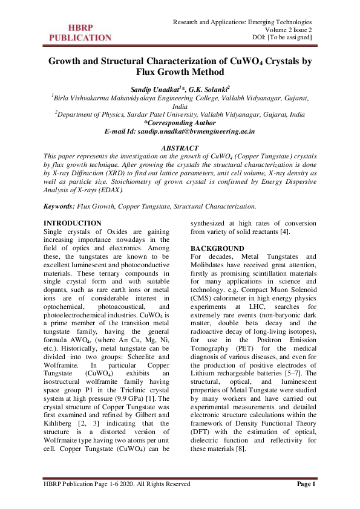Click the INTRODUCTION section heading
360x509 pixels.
[73, 224]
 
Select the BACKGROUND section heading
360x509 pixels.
[217, 248]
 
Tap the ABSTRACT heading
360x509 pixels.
[180, 148]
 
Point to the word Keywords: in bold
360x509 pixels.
[59, 206]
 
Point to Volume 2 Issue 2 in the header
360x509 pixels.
[289, 30]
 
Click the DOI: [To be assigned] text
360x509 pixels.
[282, 38]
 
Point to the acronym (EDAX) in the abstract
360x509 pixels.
[110, 189]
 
